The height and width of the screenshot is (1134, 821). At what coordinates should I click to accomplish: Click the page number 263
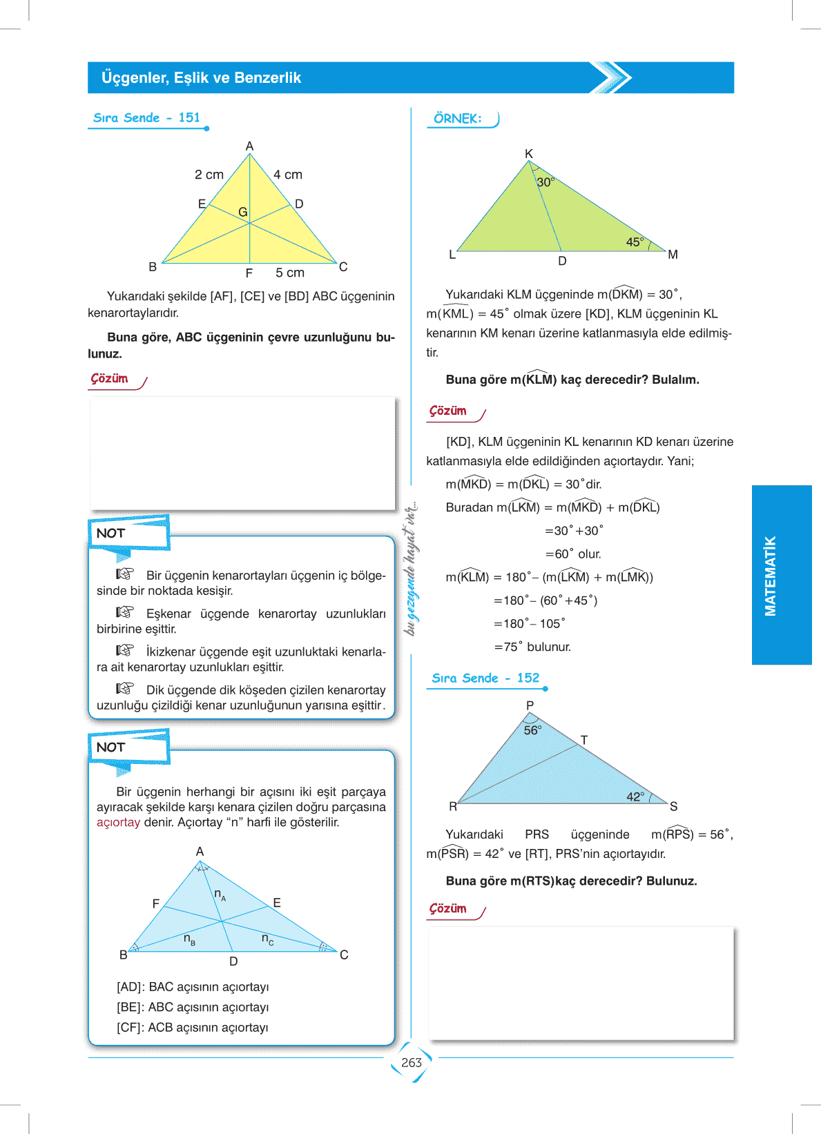(x=411, y=1063)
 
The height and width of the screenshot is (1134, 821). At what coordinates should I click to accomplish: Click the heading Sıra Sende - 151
(x=146, y=118)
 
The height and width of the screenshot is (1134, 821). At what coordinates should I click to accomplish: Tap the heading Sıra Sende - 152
(x=485, y=678)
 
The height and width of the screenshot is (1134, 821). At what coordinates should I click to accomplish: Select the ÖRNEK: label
(x=457, y=119)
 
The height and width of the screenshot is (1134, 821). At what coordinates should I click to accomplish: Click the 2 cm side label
(x=209, y=175)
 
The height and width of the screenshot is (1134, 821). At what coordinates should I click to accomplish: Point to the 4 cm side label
(x=288, y=175)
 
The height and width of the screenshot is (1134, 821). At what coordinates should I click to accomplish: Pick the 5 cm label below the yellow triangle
(x=289, y=273)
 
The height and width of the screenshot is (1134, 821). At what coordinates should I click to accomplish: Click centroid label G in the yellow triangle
(x=242, y=212)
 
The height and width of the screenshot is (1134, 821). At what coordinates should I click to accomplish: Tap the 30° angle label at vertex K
(x=545, y=182)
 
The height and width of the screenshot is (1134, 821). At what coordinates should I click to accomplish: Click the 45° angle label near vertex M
(x=635, y=242)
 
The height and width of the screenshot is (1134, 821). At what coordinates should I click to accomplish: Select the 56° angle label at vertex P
(x=532, y=730)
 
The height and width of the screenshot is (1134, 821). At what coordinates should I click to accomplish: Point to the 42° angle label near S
(x=635, y=797)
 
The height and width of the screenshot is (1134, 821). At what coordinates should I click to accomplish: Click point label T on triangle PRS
(x=584, y=740)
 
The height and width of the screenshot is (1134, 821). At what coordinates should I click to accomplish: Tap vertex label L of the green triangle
(x=452, y=255)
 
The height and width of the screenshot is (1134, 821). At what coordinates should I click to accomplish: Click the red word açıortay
(x=118, y=823)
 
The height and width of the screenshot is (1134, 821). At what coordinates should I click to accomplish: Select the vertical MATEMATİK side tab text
(x=771, y=576)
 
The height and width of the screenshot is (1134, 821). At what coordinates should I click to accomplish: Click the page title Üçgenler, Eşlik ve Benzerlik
(x=201, y=78)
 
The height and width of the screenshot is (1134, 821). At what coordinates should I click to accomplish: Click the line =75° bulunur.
(x=532, y=647)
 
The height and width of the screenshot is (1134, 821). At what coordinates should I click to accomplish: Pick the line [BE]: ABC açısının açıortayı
(x=193, y=1008)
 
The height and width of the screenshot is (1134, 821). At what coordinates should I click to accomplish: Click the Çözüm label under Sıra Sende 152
(x=448, y=909)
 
